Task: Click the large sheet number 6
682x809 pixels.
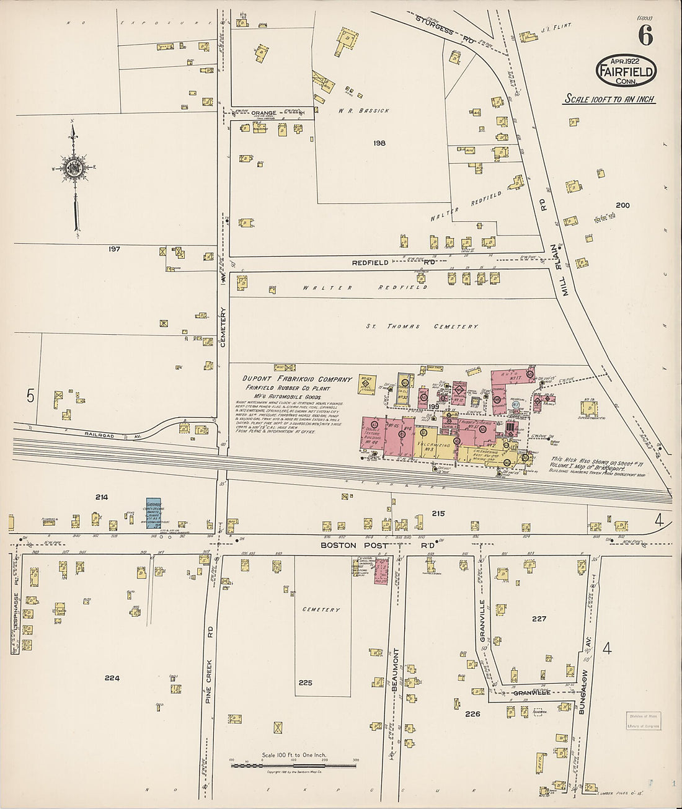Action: pos(645,37)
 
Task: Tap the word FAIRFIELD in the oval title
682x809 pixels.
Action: pos(626,72)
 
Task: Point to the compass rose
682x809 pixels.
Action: pos(74,168)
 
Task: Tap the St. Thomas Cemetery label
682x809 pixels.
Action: pos(422,326)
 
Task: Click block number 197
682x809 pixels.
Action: pos(113,249)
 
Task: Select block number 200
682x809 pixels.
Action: pos(622,205)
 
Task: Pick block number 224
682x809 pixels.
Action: pos(112,678)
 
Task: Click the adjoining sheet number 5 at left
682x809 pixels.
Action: pos(29,396)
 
